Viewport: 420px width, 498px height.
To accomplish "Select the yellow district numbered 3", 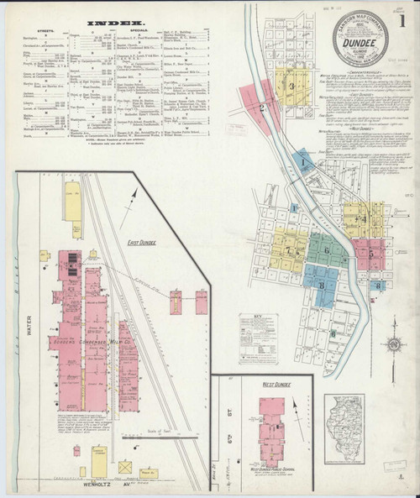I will (291, 86).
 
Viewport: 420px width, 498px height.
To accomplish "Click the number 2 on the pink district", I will (263, 108).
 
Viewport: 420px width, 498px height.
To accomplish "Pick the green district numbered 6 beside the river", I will (323, 248).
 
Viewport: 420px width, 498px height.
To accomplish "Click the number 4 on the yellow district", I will (363, 220).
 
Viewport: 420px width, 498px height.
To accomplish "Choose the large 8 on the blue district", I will (321, 286).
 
